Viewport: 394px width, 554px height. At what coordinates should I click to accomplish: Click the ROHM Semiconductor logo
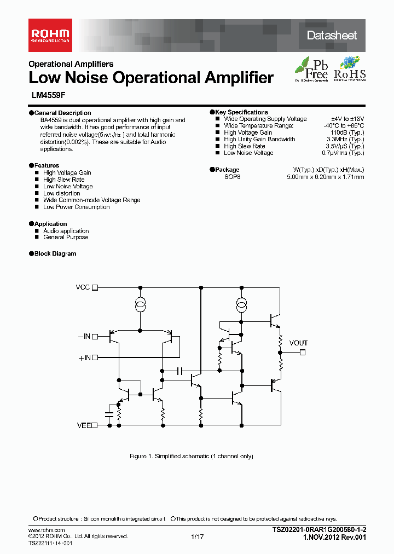(x=50, y=35)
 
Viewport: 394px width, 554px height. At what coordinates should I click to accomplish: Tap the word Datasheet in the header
(x=332, y=36)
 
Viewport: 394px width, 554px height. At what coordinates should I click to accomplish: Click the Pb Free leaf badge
(x=312, y=69)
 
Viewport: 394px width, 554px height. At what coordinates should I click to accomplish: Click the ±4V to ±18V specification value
(x=347, y=119)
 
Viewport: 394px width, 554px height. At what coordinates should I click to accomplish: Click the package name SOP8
(x=232, y=177)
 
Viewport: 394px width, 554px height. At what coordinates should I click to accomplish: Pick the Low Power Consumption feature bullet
(x=76, y=207)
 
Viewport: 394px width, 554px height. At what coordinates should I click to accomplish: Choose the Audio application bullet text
(x=66, y=231)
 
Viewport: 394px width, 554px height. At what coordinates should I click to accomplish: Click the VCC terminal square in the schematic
(x=95, y=287)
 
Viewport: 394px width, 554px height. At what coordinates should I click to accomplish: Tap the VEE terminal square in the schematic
(x=95, y=425)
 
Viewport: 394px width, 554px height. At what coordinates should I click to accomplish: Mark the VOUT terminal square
(x=301, y=353)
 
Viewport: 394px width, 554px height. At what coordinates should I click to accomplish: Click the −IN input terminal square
(x=95, y=337)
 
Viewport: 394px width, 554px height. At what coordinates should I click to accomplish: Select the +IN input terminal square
(x=95, y=357)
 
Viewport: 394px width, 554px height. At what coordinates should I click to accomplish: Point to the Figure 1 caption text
(x=191, y=456)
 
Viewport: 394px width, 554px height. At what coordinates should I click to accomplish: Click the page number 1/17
(x=198, y=537)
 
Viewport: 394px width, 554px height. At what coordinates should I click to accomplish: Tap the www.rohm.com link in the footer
(x=47, y=530)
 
